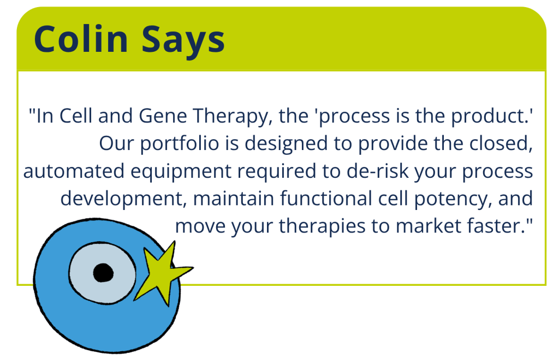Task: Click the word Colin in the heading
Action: (81, 39)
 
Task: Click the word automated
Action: (74, 171)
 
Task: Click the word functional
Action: (326, 198)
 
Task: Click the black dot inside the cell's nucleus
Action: (103, 273)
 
